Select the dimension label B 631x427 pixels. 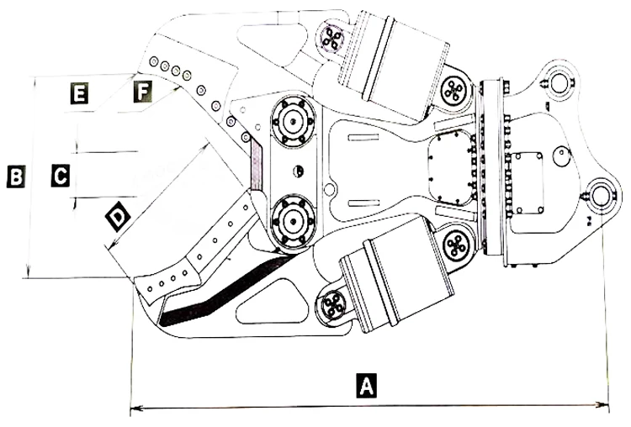(x=15, y=177)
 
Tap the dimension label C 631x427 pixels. (x=60, y=176)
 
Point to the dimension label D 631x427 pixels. (x=119, y=217)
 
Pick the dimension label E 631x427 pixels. (x=78, y=93)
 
